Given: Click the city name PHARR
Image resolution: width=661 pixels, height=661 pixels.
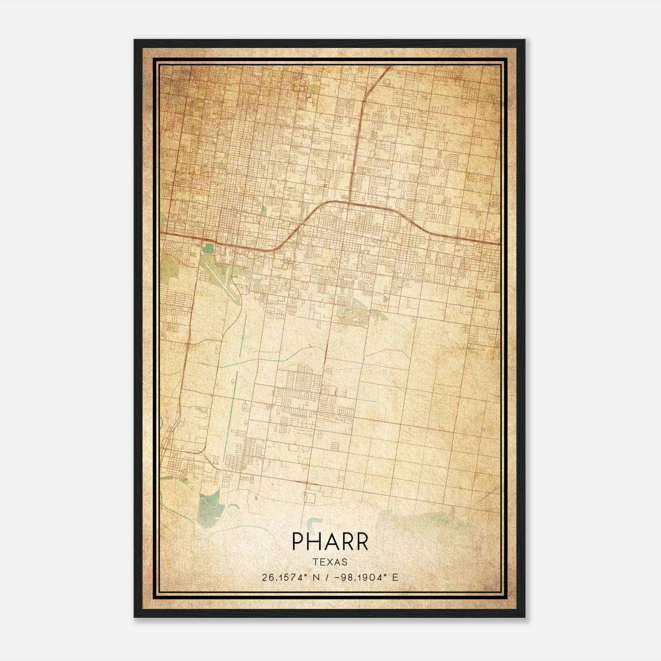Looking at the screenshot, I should coord(330,542).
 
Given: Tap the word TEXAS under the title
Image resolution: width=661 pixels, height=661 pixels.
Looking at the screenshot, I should coord(330,562).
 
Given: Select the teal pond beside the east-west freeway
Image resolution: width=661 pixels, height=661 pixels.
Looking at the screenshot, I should coord(209,249).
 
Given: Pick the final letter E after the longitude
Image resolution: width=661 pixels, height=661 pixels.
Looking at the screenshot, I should coord(395,578).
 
